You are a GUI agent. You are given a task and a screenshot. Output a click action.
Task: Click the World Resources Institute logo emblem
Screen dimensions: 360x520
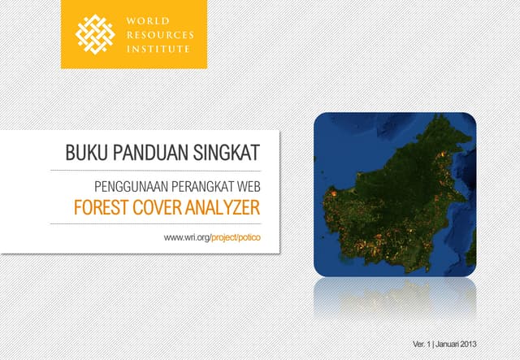click(x=95, y=34)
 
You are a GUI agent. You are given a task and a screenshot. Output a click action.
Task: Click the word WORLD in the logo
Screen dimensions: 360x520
click(x=144, y=21)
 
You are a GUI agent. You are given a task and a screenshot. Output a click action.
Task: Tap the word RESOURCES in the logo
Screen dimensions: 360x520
click(x=158, y=35)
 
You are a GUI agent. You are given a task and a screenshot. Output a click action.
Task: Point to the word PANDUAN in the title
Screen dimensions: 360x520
click(x=142, y=153)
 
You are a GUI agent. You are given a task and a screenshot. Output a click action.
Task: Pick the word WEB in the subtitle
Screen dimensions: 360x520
click(x=246, y=186)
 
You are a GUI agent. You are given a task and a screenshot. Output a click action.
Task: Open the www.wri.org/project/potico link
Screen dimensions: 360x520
click(x=212, y=236)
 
